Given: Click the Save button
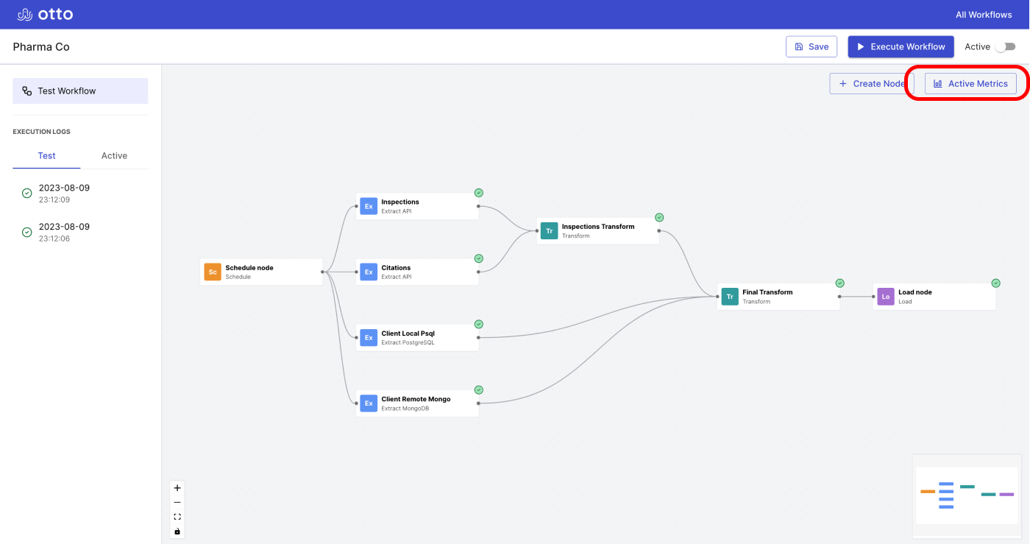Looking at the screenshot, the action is coord(811,46).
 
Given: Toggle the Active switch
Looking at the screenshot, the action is coord(1005,46).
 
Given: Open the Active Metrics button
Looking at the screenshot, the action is coord(970,83).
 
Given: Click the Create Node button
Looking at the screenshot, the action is coord(871,83).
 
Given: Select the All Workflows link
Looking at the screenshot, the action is coord(984,15).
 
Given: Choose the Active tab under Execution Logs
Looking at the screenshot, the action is coord(114,155).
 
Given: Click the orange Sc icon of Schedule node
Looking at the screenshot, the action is coord(213,272).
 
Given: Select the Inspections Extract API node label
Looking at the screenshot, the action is coord(400,206).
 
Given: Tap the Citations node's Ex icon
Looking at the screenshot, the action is coord(369,272).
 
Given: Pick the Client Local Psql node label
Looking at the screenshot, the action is coord(408,338).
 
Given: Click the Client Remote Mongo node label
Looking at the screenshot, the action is coord(416,403).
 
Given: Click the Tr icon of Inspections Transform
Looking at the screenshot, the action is coord(549,231).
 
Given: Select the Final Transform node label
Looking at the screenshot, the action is coord(767,297).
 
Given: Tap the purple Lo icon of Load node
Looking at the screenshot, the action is coord(886,297).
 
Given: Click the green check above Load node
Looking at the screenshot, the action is coord(995,283).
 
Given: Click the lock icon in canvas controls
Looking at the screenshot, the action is coord(177,531).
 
